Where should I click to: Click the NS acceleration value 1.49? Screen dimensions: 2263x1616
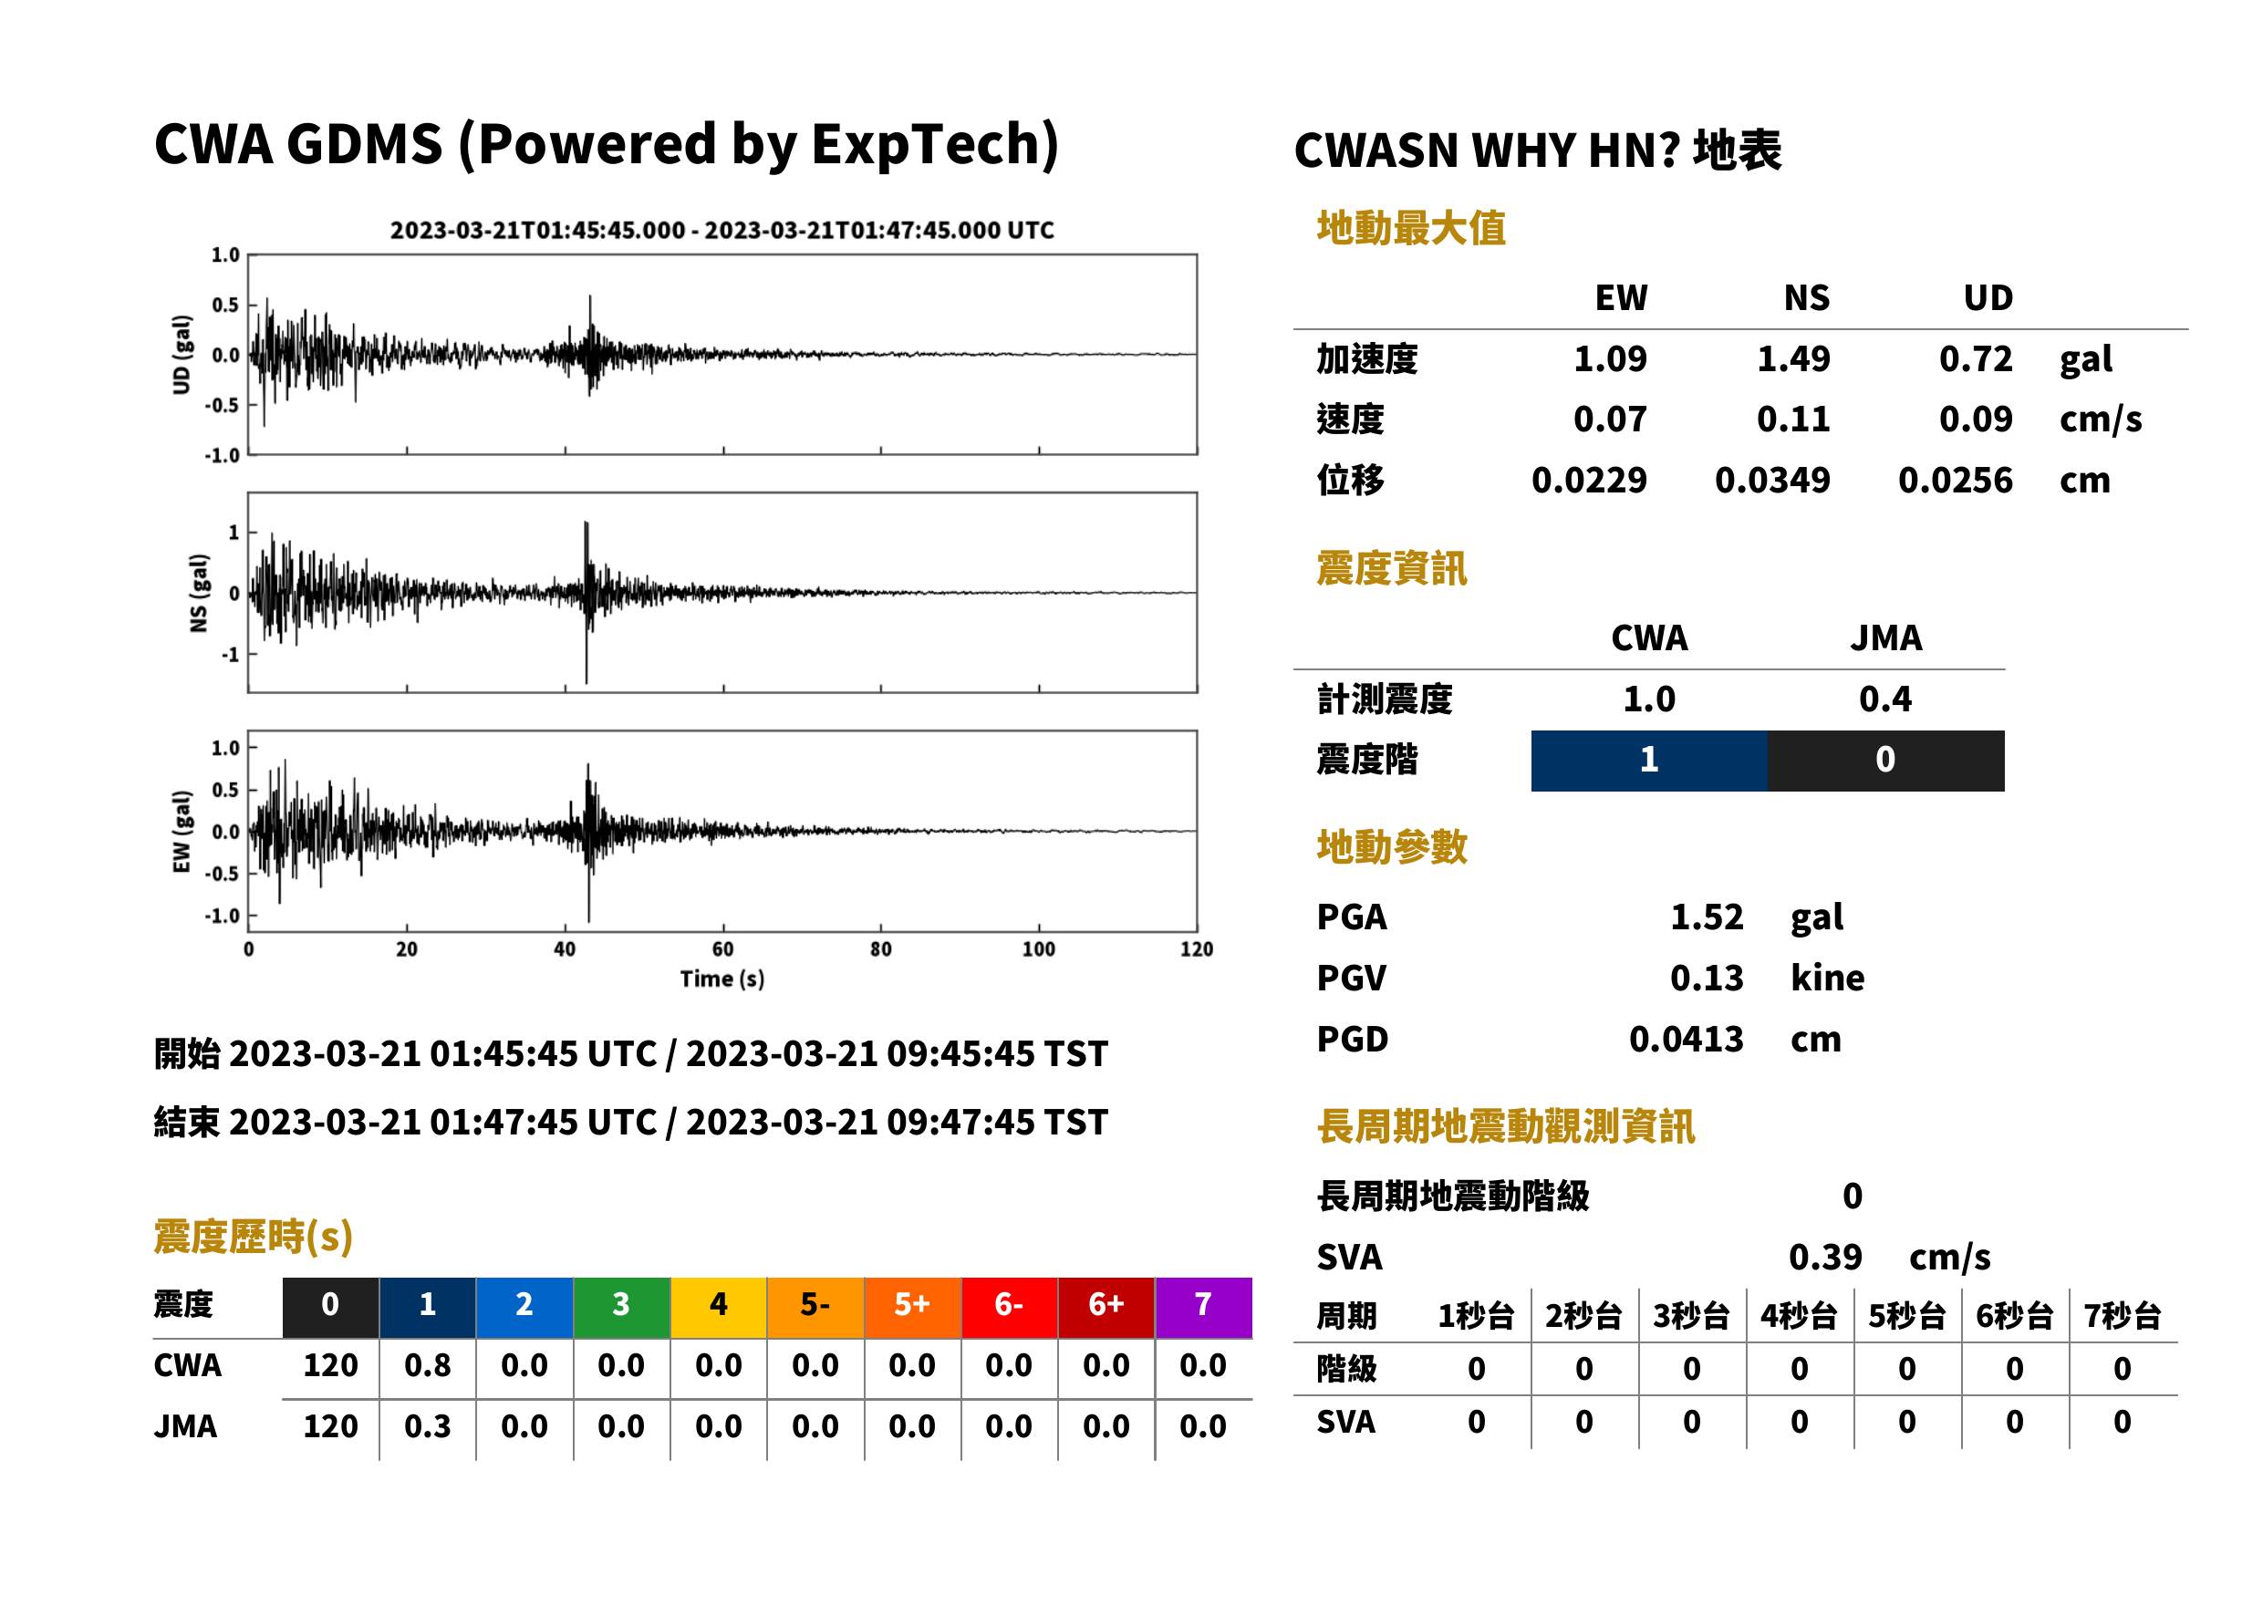pyautogui.click(x=1792, y=359)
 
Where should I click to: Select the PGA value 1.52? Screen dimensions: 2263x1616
pyautogui.click(x=1707, y=917)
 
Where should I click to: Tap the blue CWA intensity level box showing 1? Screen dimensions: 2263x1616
pyautogui.click(x=1649, y=761)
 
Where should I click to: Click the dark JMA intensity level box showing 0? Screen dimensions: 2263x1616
pyautogui.click(x=1886, y=761)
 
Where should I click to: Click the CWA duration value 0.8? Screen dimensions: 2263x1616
pyautogui.click(x=427, y=1365)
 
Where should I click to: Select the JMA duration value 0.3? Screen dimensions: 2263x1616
pyautogui.click(x=427, y=1426)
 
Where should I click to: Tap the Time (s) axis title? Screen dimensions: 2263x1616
pyautogui.click(x=722, y=979)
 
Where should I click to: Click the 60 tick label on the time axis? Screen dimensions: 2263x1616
pyautogui.click(x=722, y=949)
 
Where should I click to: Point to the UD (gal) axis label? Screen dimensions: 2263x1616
pyautogui.click(x=182, y=354)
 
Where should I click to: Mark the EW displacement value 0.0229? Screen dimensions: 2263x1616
pyautogui.click(x=1589, y=481)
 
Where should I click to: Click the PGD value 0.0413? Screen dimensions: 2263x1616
pyautogui.click(x=1686, y=1039)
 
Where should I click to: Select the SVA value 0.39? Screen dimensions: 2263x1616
pyautogui.click(x=1825, y=1257)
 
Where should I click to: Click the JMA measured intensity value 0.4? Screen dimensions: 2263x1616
pyautogui.click(x=1884, y=699)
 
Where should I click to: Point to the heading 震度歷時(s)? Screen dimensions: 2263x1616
pyautogui.click(x=253, y=1237)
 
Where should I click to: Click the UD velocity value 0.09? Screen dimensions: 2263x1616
pyautogui.click(x=1976, y=420)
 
